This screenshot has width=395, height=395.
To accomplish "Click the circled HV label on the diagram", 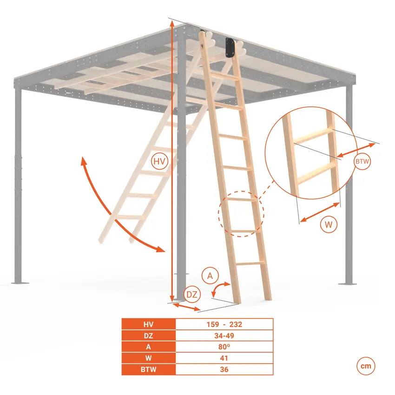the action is click(x=159, y=161).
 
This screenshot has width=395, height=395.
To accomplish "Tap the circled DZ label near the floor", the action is click(x=192, y=294).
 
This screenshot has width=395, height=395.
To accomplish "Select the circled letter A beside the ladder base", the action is click(x=210, y=276).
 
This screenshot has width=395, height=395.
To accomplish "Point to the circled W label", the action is click(x=329, y=224).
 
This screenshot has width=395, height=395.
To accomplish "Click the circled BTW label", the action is click(x=362, y=161).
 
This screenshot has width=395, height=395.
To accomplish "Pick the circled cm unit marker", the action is click(x=366, y=366).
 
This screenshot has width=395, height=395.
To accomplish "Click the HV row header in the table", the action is click(x=149, y=324).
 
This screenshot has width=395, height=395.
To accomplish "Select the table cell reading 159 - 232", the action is click(x=224, y=324).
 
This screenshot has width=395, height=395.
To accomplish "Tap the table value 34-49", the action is click(x=224, y=336).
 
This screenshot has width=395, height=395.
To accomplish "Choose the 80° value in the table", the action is click(x=224, y=347).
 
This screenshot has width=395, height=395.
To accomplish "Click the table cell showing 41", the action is click(x=224, y=358).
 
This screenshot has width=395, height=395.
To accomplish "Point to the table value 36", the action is click(x=224, y=369).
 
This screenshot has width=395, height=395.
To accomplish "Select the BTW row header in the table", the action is click(x=149, y=369).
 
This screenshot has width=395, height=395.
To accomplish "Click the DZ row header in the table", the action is click(x=149, y=336).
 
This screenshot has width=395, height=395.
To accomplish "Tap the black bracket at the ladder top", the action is click(x=230, y=47).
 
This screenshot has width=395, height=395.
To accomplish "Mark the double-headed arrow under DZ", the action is click(x=186, y=307).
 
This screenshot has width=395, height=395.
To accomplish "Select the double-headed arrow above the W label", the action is click(x=320, y=212).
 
